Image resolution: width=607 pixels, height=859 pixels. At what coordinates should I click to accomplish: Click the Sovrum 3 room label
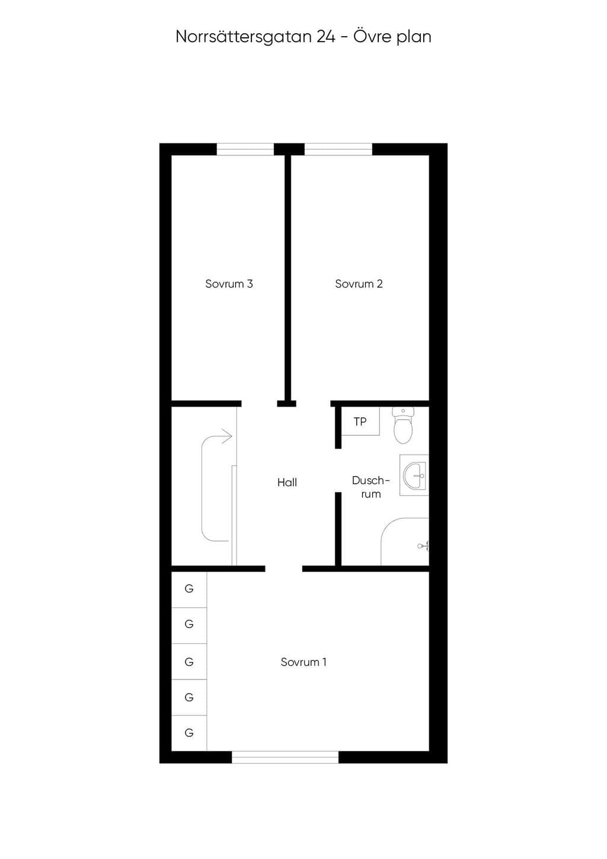pos(229,284)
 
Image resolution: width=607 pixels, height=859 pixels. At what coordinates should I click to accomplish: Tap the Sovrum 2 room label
pos(359,284)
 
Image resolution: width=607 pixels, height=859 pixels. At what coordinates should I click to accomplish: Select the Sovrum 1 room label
pos(303,662)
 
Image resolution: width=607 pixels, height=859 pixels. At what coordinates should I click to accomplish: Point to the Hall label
pos(287,483)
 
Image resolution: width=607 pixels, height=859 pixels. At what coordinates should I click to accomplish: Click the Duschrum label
pos(371,487)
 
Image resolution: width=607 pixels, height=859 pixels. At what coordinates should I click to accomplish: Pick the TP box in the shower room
pos(360,421)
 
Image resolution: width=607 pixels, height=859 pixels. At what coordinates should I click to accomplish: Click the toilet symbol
pos(403,425)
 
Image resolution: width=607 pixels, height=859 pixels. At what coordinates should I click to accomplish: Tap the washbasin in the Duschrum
pos(414,475)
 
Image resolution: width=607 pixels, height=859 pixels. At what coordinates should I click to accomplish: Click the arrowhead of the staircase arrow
pos(228,436)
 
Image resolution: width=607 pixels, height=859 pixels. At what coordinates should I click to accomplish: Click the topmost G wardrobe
pos(189,589)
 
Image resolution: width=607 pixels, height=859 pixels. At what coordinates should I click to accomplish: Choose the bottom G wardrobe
pos(189,733)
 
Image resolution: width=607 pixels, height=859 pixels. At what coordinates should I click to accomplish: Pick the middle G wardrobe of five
pos(189,662)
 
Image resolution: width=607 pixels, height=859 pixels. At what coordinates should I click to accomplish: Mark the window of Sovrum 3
pos(245,149)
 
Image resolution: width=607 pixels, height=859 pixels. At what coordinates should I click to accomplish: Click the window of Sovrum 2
pos(338,149)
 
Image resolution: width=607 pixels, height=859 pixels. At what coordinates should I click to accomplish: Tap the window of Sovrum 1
pos(285,757)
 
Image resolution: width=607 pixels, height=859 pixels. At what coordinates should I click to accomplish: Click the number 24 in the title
pos(326,37)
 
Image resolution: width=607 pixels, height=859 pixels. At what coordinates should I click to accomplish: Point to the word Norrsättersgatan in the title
pos(244,36)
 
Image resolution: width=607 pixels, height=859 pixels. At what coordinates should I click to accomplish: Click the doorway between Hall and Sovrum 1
pos(284,569)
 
